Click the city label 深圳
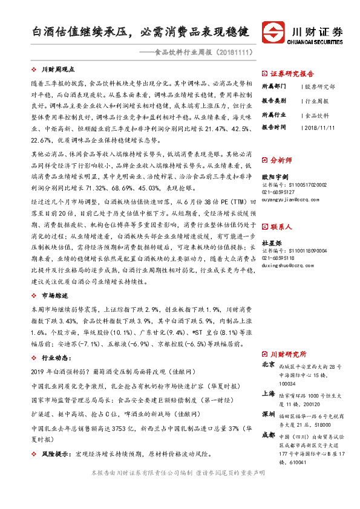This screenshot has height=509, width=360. click(268, 415)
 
